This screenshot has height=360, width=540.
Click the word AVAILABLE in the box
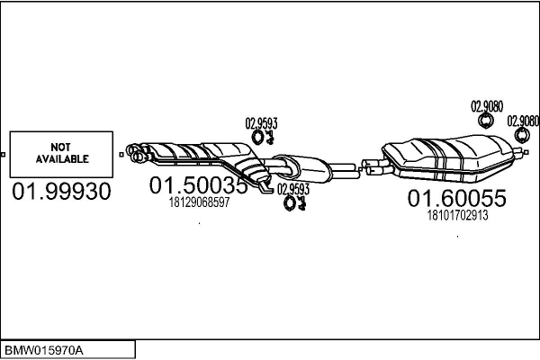(61, 158)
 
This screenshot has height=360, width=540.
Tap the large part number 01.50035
(198, 185)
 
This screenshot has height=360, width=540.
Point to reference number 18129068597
(199, 202)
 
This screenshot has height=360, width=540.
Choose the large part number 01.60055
(457, 198)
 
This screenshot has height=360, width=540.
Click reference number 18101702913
(457, 215)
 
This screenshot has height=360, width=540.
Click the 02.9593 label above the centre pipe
(261, 123)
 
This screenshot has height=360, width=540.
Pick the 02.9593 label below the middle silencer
(293, 189)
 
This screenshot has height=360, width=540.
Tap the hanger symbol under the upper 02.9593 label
(264, 137)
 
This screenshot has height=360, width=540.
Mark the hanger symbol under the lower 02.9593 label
(294, 203)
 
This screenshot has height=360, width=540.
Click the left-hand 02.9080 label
(487, 105)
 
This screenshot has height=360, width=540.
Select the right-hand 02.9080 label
(523, 120)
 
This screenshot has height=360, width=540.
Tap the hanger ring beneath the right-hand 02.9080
(520, 135)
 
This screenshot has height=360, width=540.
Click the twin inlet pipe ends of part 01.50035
(138, 152)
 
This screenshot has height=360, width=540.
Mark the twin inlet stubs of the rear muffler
(371, 165)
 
